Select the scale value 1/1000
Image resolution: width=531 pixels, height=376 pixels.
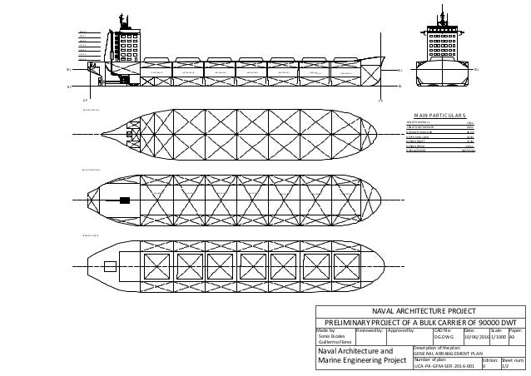(x=498, y=337)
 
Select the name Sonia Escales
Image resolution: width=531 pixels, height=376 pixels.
(x=332, y=336)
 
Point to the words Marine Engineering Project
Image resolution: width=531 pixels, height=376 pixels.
(x=359, y=359)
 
